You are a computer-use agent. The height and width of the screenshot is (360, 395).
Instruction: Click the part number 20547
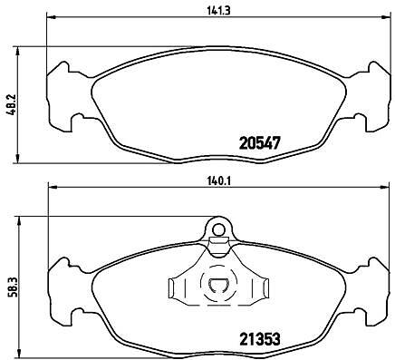click(260, 142)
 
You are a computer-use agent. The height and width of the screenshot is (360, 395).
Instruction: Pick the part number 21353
click(260, 339)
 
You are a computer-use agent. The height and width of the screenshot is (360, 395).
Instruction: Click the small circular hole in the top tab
click(218, 229)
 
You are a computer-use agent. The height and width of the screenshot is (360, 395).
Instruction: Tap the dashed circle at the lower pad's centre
click(218, 283)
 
